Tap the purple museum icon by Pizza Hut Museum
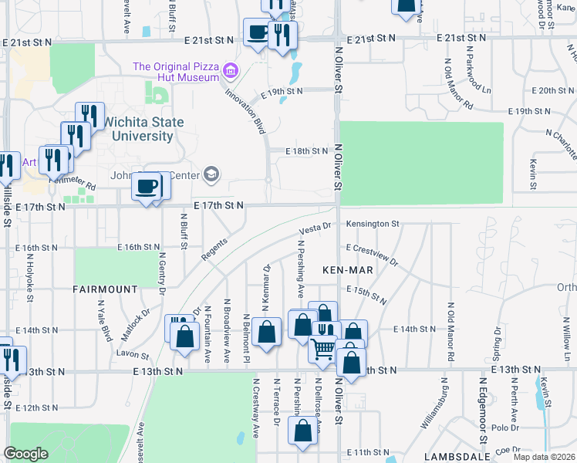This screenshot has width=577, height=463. click(229, 73)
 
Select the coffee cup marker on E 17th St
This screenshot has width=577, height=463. click(146, 186)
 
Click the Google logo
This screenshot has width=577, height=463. click(26, 454)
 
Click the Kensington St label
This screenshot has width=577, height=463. click(372, 224)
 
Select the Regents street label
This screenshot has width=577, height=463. click(213, 248)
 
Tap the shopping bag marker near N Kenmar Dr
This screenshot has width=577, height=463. click(266, 332)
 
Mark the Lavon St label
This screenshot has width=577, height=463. click(133, 353)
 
